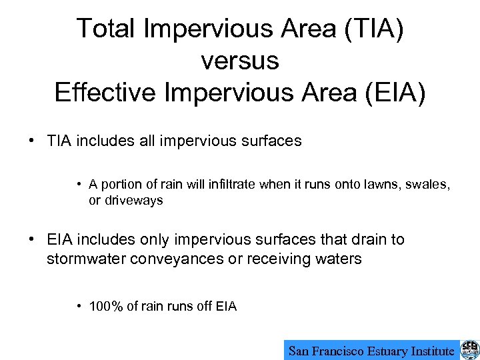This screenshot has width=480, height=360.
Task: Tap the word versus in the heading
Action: point(239,61)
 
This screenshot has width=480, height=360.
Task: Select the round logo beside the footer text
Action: point(469,349)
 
